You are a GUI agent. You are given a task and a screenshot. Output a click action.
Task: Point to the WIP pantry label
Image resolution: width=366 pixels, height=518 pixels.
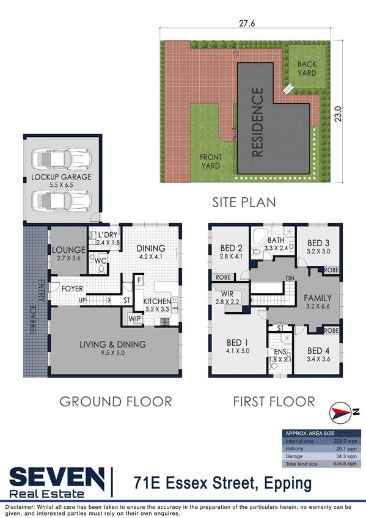[134, 318]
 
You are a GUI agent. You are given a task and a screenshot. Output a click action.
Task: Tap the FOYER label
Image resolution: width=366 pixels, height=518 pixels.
[71, 288]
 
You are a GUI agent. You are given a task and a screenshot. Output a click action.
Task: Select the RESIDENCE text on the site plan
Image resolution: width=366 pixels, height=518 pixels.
[257, 122]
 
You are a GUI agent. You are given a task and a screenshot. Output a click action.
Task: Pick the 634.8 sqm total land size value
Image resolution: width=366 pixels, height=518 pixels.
[345, 462]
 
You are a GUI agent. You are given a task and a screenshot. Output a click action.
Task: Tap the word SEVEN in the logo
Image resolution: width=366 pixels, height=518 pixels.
[56, 477]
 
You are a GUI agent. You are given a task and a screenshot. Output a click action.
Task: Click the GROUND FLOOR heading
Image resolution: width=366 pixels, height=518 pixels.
[115, 401]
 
